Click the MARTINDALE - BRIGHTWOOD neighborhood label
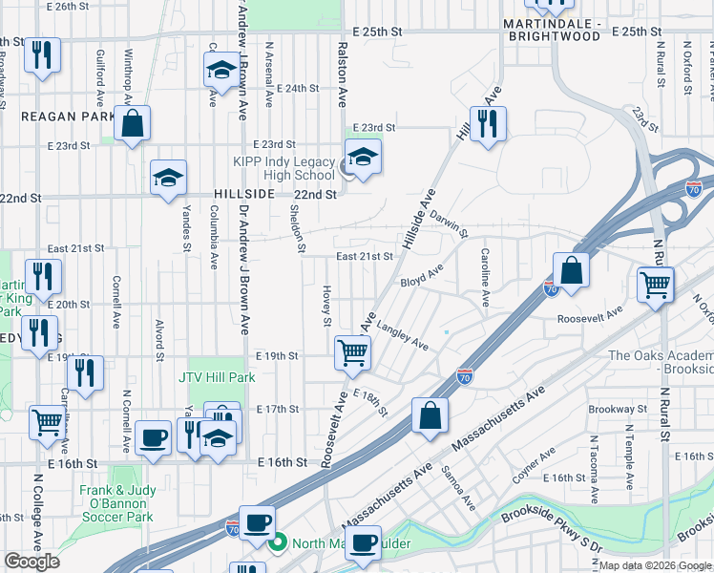point(555,30)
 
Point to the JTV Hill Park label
point(217,377)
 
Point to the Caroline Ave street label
point(486,278)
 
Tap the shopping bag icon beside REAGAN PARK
point(133,123)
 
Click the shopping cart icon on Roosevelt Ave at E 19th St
point(352,352)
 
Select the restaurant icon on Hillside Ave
point(488,123)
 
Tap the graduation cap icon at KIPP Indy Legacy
point(363,158)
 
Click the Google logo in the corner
point(31,562)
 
